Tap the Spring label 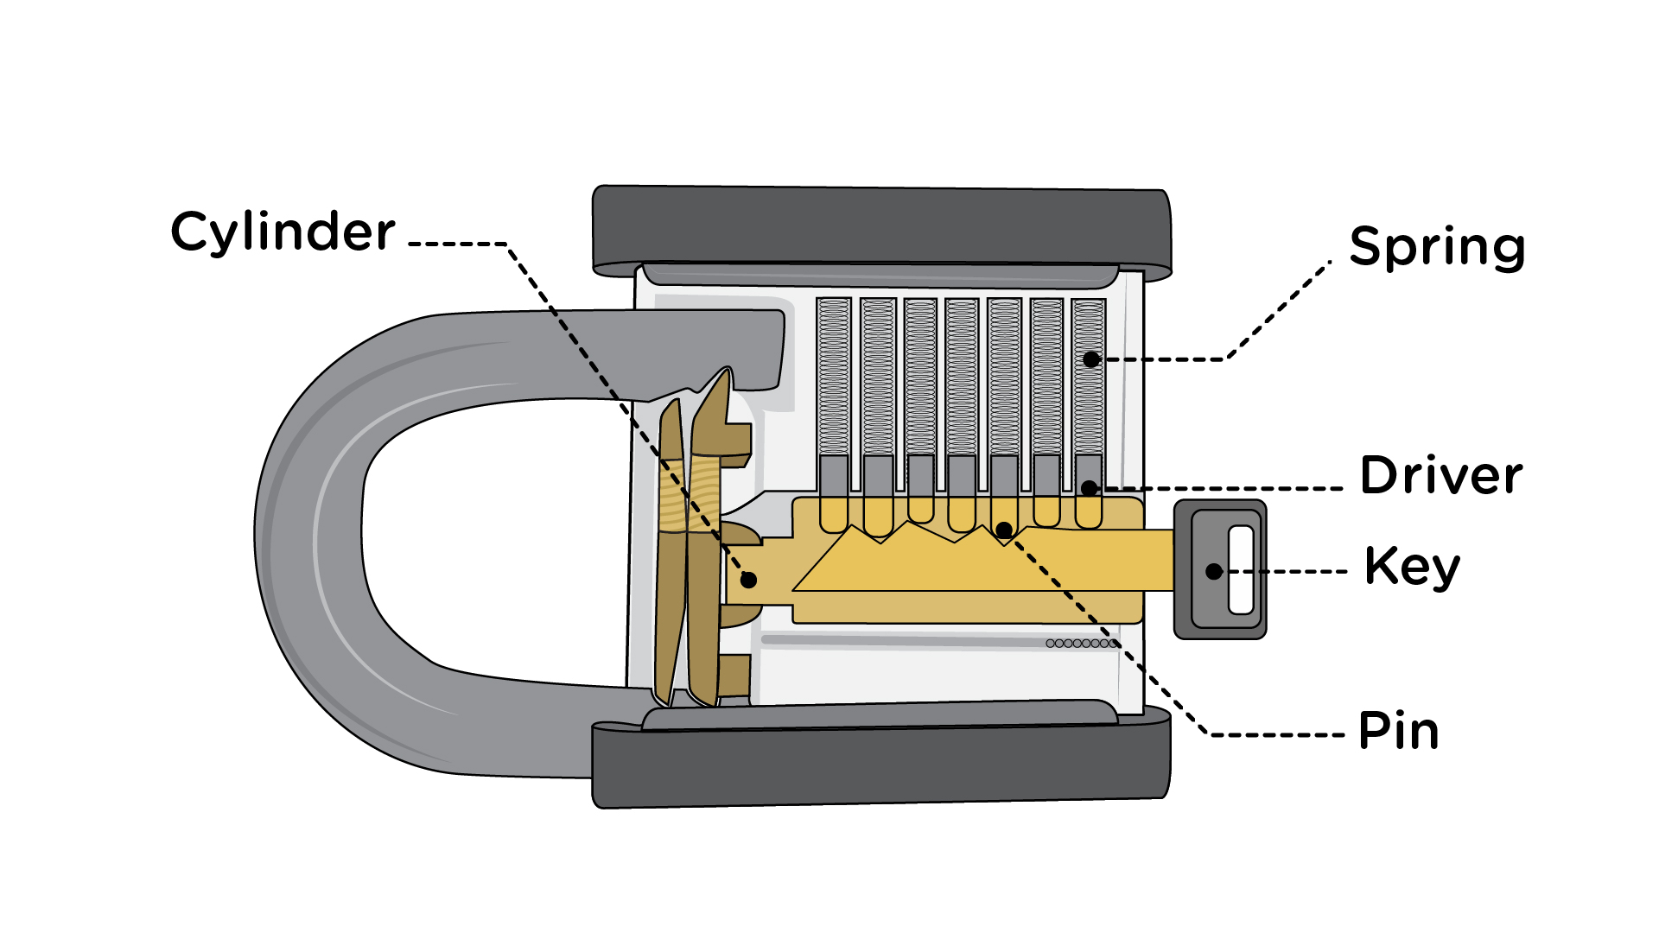pyautogui.click(x=1437, y=247)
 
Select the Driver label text pyautogui.click(x=1440, y=475)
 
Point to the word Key pyautogui.click(x=1412, y=568)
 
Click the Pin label pyautogui.click(x=1398, y=731)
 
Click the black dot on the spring pyautogui.click(x=1091, y=359)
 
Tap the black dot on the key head pyautogui.click(x=1214, y=571)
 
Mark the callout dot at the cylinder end pyautogui.click(x=748, y=580)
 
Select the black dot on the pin pyautogui.click(x=1004, y=530)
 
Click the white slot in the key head pyautogui.click(x=1241, y=569)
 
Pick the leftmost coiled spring pyautogui.click(x=834, y=377)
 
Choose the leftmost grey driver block pyautogui.click(x=834, y=474)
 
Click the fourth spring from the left pyautogui.click(x=962, y=377)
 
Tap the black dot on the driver pyautogui.click(x=1090, y=488)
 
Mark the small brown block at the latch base pyautogui.click(x=734, y=676)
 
